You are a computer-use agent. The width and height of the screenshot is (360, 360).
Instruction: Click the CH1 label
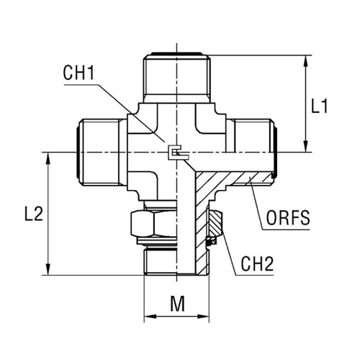click(78, 73)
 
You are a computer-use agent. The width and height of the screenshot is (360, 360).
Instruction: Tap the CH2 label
click(257, 264)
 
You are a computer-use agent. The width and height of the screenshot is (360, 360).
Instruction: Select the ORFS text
click(288, 218)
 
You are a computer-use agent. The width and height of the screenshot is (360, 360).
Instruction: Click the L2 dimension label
click(34, 214)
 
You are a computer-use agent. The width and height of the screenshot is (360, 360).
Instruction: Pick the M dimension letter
click(178, 304)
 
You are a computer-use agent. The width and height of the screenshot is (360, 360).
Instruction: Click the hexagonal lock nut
click(153, 224)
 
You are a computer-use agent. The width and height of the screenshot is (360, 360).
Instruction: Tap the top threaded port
click(177, 78)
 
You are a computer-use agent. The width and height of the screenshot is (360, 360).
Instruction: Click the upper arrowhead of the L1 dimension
click(305, 62)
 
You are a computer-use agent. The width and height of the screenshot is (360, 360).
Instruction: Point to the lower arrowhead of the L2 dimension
click(48, 269)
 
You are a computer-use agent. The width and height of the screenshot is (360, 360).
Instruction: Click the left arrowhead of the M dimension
click(150, 316)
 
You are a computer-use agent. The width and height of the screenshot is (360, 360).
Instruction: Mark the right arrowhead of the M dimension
click(203, 316)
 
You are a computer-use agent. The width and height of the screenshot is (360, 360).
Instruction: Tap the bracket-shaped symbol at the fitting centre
click(178, 153)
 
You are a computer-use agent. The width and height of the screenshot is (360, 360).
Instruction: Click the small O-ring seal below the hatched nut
click(211, 241)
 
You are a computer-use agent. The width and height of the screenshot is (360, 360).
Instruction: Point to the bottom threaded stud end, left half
click(161, 261)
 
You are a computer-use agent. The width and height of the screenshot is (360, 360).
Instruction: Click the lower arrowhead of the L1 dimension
click(305, 146)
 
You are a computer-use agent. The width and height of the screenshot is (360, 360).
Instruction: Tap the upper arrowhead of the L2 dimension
click(48, 159)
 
